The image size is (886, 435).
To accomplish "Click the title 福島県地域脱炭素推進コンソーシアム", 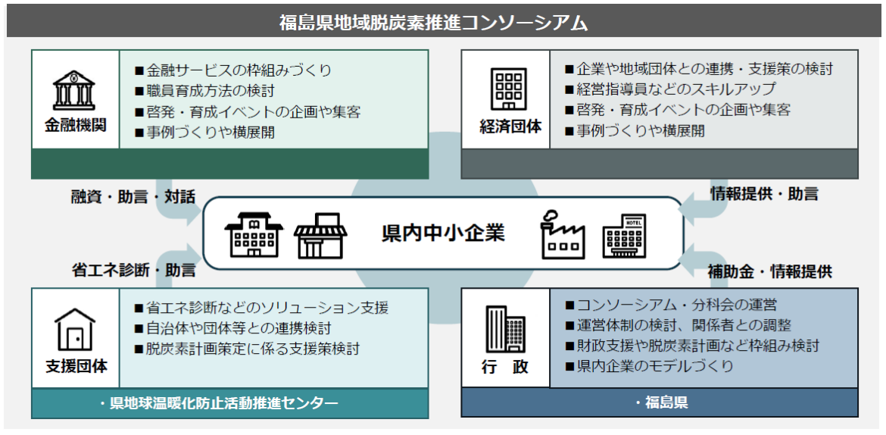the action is (x=433, y=22).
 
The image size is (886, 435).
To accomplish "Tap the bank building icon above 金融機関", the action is (x=74, y=90).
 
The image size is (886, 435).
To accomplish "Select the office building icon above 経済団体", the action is (x=508, y=89).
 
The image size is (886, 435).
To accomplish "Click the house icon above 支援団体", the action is (x=74, y=329).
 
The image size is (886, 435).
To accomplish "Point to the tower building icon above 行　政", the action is (x=505, y=329).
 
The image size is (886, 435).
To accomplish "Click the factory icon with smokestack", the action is (x=563, y=235).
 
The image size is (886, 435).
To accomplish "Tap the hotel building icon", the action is (x=625, y=236).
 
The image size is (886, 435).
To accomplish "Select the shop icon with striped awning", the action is (x=320, y=236).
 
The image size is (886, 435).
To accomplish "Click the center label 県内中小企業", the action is (x=443, y=233).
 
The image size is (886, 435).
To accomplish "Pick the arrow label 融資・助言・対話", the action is (x=133, y=197).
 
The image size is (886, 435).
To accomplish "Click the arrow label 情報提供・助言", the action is (x=764, y=194).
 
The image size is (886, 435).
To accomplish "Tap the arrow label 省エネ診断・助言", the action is (x=133, y=270).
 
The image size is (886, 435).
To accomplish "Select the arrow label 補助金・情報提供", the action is (x=770, y=271).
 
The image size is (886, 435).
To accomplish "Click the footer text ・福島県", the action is (x=660, y=402).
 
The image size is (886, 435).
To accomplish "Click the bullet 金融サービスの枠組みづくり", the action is (x=232, y=70).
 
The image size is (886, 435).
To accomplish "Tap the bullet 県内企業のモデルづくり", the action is (x=649, y=366).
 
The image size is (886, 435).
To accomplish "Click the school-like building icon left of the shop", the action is (x=254, y=236).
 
